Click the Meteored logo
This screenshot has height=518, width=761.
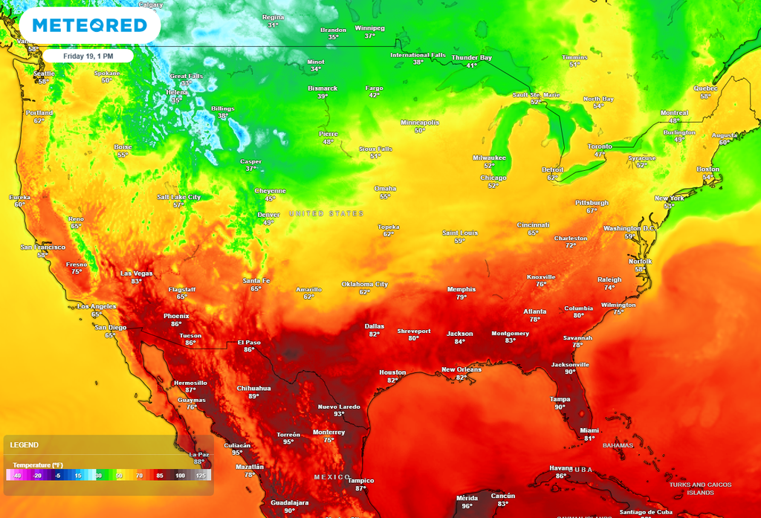[89, 25]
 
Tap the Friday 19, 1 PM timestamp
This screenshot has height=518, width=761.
[88, 56]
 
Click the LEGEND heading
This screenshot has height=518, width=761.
[24, 445]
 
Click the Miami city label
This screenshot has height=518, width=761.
[589, 430]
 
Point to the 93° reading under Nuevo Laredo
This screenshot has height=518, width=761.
[339, 414]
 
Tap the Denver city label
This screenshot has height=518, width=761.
[268, 215]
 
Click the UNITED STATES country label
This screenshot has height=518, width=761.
[326, 213]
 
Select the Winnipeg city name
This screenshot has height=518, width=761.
[369, 28]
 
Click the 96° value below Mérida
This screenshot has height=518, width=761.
[467, 506]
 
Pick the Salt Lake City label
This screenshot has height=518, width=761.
[178, 197]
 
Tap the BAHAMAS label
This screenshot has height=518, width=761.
[618, 445]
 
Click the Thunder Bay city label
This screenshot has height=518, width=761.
[472, 57]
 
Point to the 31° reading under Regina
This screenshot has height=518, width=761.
[273, 25]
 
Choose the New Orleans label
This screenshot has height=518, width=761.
[462, 369]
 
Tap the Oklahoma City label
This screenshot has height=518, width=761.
[364, 284]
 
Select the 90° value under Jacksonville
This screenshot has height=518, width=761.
[570, 372]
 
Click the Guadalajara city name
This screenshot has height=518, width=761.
[290, 502]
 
